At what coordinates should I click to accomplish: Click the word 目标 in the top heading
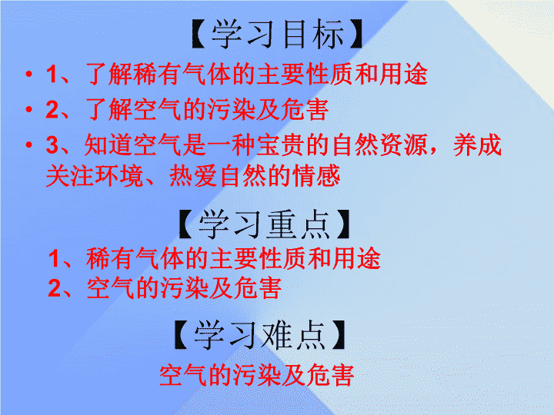click(x=312, y=35)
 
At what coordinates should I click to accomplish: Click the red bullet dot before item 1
click(x=29, y=74)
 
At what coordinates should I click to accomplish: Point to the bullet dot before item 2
click(x=29, y=109)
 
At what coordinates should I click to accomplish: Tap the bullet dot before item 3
click(x=29, y=144)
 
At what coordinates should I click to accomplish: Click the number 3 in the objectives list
click(x=52, y=145)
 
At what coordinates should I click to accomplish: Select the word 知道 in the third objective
click(x=108, y=145)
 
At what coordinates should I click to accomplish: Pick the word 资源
click(x=403, y=145)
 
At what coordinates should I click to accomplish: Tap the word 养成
click(x=477, y=145)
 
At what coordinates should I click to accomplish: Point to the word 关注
click(x=70, y=176)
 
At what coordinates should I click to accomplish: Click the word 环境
click(x=119, y=176)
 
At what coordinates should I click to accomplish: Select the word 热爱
click(x=193, y=176)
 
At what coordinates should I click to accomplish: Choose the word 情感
click(x=316, y=176)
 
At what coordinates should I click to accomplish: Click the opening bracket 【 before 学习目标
click(x=199, y=35)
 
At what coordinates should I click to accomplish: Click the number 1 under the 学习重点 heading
click(x=54, y=258)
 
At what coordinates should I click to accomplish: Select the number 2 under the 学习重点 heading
click(x=55, y=288)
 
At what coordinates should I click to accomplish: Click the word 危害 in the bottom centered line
click(x=330, y=375)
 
